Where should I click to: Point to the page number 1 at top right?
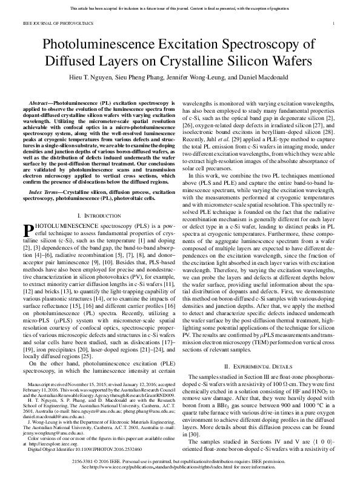(x=335, y=22)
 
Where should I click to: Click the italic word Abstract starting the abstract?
(x=39, y=104)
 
